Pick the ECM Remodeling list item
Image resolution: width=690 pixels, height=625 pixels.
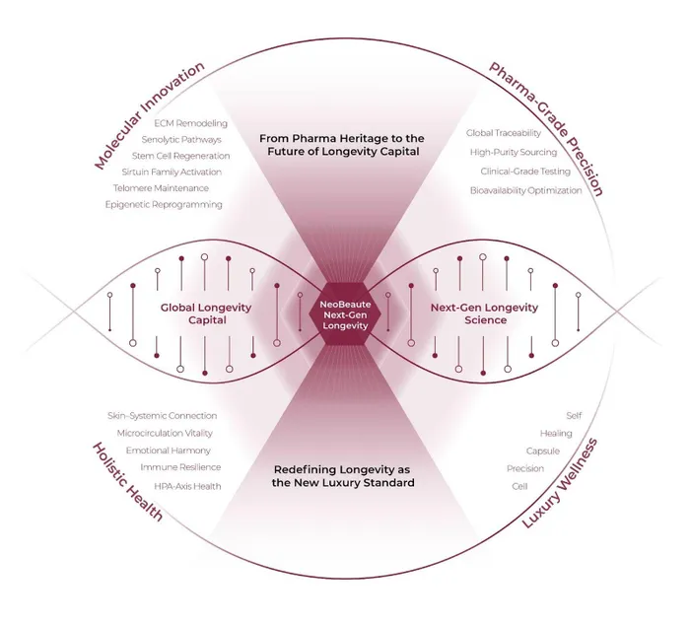point(191,123)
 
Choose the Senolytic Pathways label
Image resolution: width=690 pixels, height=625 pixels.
point(187,139)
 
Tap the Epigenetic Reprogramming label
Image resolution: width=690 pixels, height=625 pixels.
point(164,204)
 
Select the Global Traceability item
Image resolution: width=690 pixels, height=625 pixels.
point(503,132)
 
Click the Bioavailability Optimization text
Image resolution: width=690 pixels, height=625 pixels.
point(525,190)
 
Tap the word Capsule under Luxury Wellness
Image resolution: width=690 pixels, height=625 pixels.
point(543,451)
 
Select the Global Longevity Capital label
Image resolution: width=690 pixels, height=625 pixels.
point(207,313)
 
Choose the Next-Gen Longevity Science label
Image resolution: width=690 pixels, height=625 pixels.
point(484,313)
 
